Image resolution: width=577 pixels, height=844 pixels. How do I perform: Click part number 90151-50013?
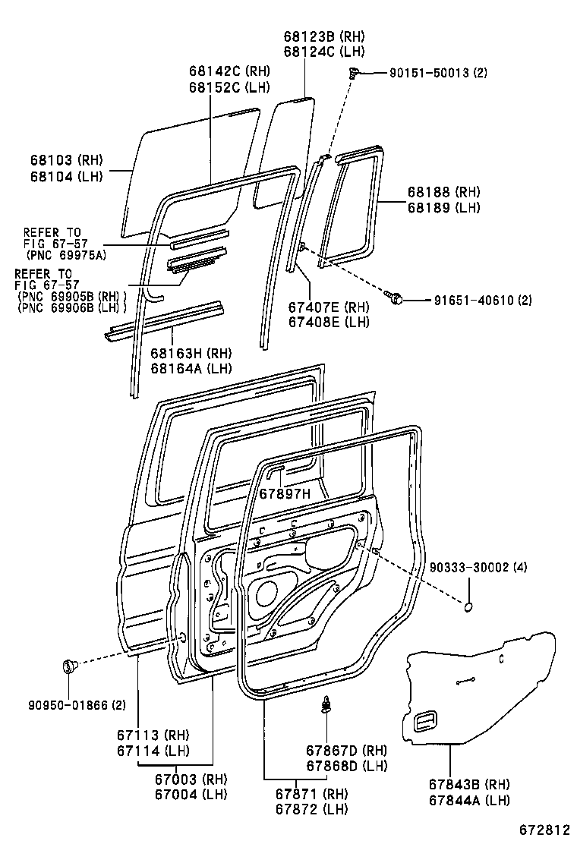(430, 74)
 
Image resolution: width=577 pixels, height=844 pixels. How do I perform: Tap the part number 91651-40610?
(459, 301)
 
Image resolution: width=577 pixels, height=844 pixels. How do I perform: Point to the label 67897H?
(285, 494)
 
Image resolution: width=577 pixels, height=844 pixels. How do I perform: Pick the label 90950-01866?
(68, 706)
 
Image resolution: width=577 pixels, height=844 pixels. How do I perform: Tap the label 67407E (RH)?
(328, 307)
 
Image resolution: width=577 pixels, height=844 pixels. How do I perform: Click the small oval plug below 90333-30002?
(468, 606)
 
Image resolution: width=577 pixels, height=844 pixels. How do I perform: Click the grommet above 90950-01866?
(69, 667)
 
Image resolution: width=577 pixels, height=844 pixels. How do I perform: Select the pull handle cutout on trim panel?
(425, 722)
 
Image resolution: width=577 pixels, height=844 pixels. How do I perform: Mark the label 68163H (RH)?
(190, 354)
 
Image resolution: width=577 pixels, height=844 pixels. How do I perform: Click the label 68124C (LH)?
(324, 52)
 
